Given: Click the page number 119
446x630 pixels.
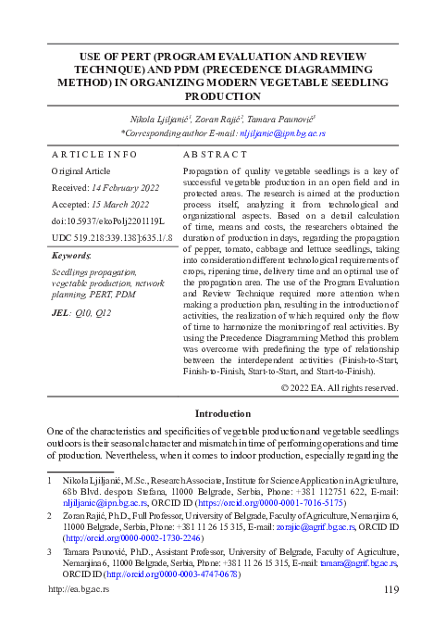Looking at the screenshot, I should pyautogui.click(x=390, y=615).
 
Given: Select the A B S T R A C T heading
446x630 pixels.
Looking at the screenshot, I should pyautogui.click(x=216, y=154).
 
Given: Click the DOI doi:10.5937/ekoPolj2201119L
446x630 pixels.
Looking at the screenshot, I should pyautogui.click(x=106, y=220).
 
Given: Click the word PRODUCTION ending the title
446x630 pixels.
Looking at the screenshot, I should pyautogui.click(x=223, y=96).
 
